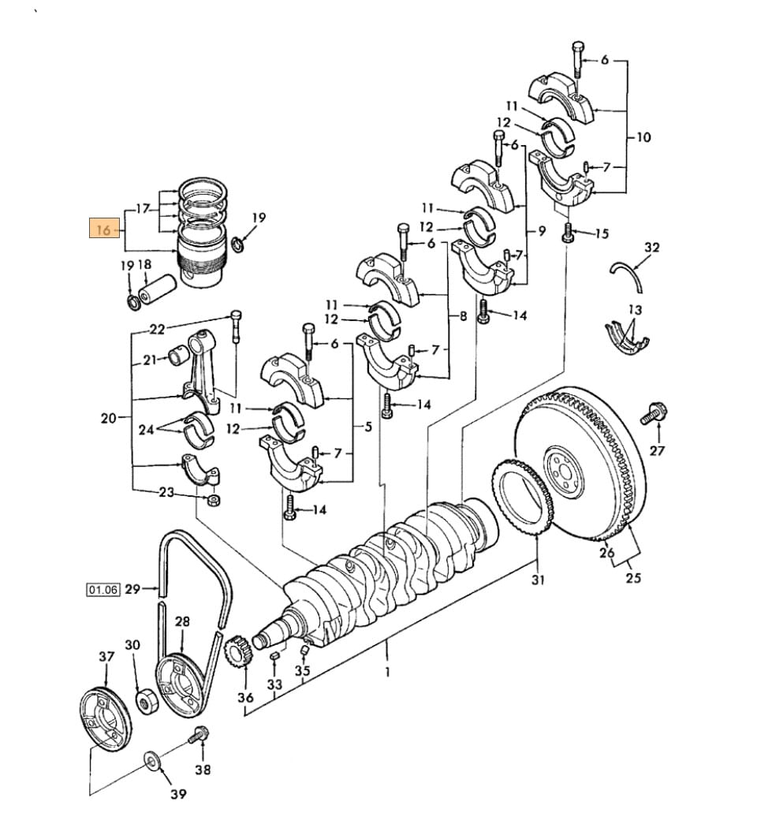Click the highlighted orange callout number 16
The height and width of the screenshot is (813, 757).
[x=103, y=230]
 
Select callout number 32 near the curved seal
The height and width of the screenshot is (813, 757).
[x=651, y=248]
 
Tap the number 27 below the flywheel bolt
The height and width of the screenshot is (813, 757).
[x=657, y=450]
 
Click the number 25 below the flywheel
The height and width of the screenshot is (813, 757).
[x=633, y=578]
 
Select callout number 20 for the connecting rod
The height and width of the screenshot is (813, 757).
[x=108, y=418]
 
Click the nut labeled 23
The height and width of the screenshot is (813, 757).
[x=214, y=501]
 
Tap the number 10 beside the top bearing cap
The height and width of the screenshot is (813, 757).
[x=643, y=137]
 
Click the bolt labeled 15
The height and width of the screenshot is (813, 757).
[x=567, y=234]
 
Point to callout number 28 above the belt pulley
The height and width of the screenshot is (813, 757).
[x=182, y=622]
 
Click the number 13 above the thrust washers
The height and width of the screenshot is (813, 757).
[x=636, y=309]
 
